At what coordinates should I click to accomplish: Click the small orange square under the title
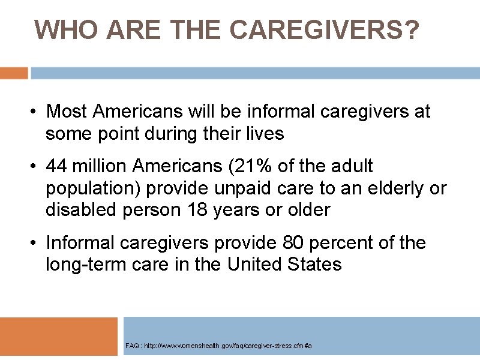coord(14,73)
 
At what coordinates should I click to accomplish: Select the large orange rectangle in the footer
coord(59,337)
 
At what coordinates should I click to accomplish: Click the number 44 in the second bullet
coord(57,166)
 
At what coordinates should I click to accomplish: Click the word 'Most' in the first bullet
coord(67,112)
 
